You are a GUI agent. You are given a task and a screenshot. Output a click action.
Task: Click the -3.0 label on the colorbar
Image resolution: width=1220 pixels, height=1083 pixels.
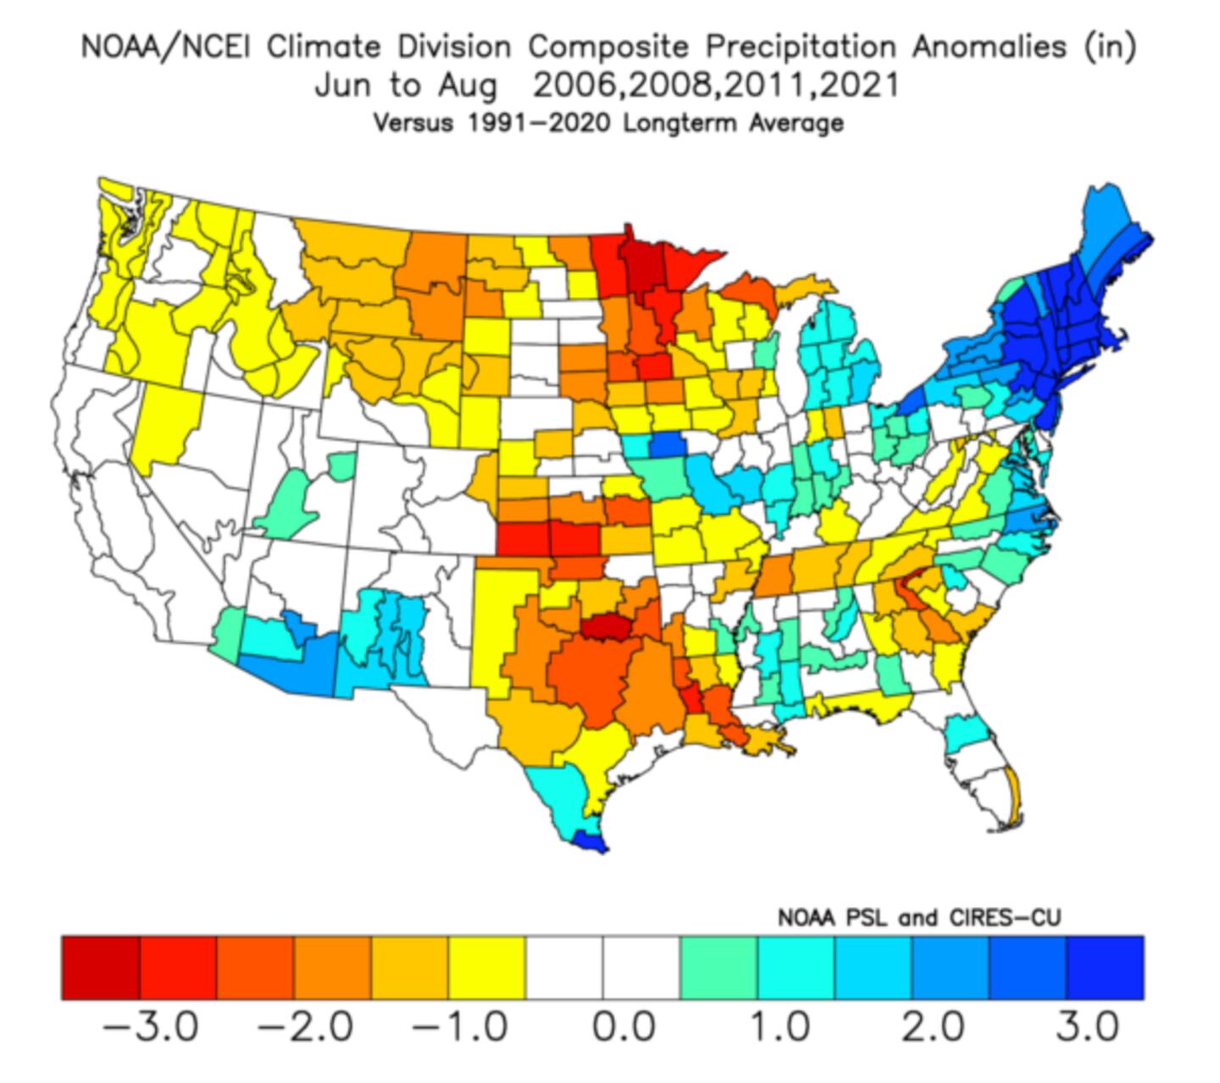click(150, 1028)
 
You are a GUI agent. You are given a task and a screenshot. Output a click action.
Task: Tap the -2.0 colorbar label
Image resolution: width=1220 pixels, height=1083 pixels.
click(305, 1028)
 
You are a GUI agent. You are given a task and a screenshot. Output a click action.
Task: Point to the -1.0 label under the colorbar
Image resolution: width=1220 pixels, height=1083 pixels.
click(460, 1028)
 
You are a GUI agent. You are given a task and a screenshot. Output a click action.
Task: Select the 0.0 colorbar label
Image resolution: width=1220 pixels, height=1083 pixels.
click(624, 1028)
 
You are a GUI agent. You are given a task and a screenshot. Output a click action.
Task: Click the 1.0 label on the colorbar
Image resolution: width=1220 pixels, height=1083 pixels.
click(779, 1028)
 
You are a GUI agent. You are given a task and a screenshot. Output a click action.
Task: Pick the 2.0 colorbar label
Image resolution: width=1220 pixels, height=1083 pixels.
click(933, 1028)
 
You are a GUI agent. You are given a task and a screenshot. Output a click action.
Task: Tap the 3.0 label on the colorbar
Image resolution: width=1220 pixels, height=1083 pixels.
click(1088, 1028)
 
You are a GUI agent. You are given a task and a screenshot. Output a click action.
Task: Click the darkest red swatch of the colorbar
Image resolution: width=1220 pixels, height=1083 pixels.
click(100, 968)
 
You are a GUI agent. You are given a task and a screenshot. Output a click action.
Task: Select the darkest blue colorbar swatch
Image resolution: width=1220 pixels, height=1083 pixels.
click(1105, 968)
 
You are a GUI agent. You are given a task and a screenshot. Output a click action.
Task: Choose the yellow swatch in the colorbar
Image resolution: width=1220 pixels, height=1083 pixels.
click(487, 968)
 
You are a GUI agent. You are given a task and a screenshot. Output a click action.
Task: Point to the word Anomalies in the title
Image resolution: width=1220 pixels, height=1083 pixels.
click(989, 47)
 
